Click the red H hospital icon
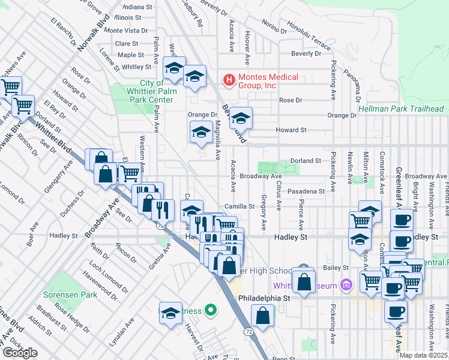228,79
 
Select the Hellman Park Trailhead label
402,109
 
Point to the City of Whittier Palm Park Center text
152,91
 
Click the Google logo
20,353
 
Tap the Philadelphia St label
265,298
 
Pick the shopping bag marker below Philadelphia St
262,314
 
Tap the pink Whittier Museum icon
345,285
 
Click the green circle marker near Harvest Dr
210,310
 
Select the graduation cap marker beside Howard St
241,117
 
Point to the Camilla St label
240,206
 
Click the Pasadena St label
306,191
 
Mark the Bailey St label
337,268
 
